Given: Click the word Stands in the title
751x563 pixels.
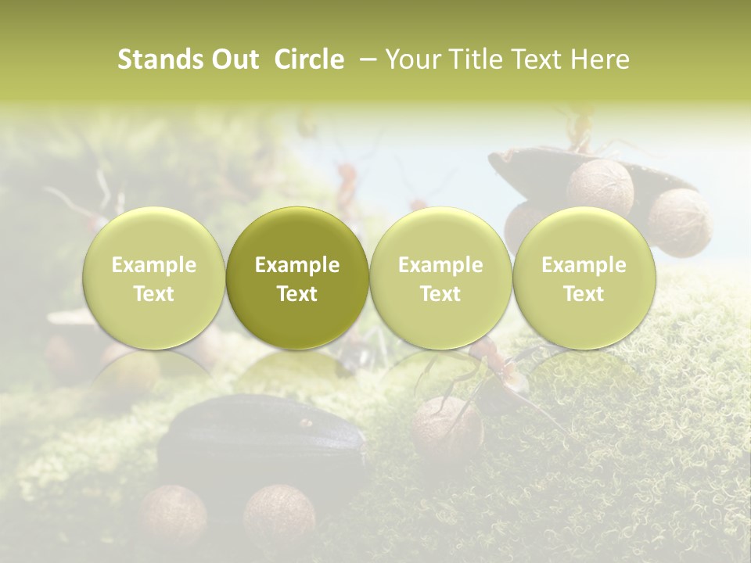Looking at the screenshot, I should [x=160, y=59].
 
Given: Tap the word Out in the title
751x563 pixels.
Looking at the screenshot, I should [x=233, y=59].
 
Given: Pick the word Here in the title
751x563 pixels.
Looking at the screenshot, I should [x=598, y=59].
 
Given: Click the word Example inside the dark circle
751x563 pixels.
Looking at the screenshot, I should [x=297, y=265].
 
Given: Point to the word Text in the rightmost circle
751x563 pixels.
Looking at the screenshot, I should [x=584, y=294].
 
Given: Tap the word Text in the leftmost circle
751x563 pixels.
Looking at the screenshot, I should [x=154, y=294].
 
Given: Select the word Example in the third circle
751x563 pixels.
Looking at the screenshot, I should [x=440, y=265].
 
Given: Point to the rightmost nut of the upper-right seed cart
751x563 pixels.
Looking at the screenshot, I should [x=679, y=221].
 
